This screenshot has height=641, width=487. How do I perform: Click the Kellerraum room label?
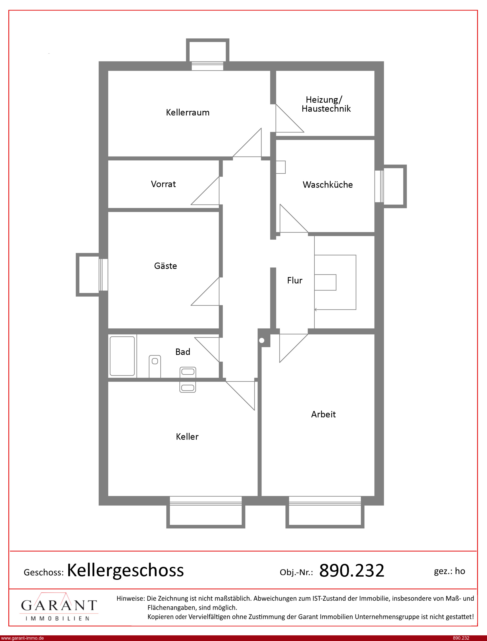click(x=188, y=113)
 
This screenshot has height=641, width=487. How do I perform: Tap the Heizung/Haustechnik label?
click(x=326, y=104)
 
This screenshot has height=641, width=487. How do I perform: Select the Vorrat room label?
click(x=163, y=184)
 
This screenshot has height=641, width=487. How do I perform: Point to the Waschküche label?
click(x=328, y=185)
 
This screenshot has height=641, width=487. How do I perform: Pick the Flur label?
click(x=294, y=280)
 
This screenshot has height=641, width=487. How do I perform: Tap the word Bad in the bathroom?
click(x=183, y=352)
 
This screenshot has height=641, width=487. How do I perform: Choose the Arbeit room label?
click(x=323, y=414)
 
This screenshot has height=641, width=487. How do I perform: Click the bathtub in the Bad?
click(x=122, y=356)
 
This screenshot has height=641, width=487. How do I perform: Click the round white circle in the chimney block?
click(x=262, y=340)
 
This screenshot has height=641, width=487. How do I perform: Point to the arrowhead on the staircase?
click(x=316, y=310)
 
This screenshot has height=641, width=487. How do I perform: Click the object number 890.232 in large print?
click(x=352, y=571)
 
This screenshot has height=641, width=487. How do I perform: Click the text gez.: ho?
click(x=449, y=571)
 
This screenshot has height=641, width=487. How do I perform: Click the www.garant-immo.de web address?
click(x=22, y=638)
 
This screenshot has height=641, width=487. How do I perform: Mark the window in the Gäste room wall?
click(x=103, y=275)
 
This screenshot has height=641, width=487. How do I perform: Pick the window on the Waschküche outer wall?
click(x=379, y=186)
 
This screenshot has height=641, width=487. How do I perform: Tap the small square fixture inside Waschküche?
click(x=281, y=167)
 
